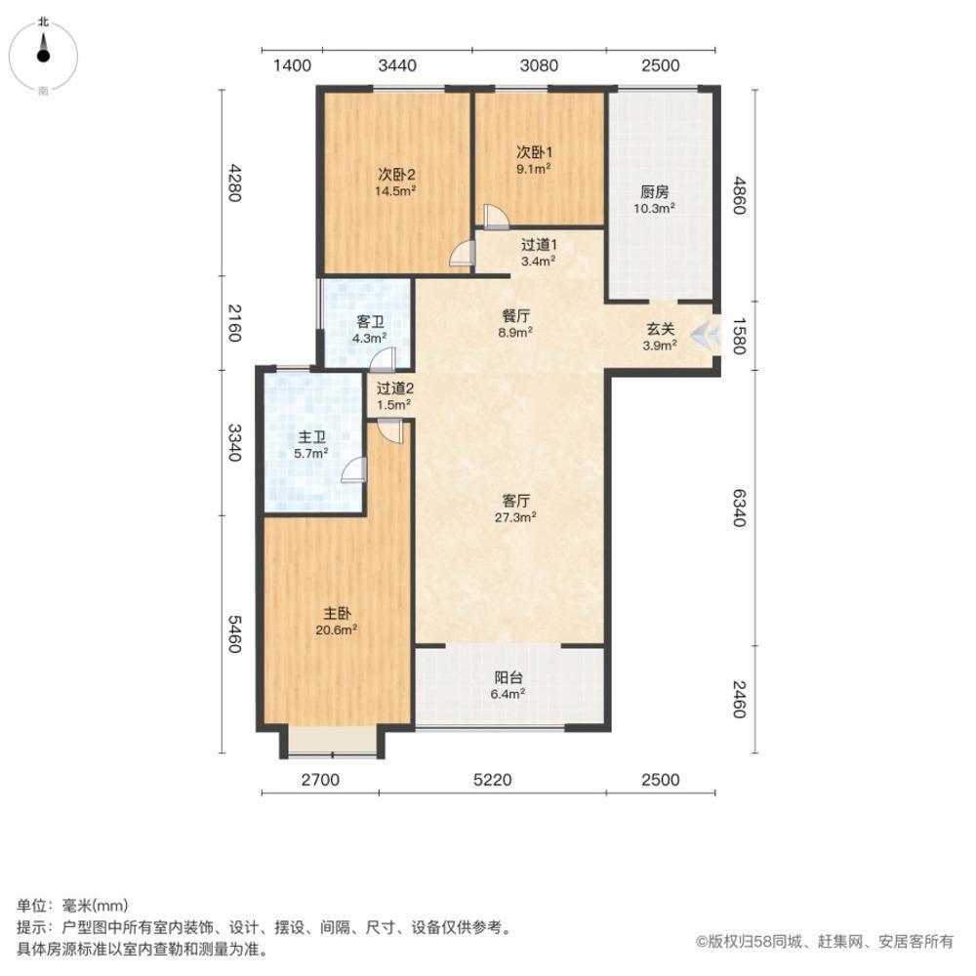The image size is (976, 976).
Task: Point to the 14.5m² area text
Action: click(396, 191)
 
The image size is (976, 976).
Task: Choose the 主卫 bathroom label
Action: click(312, 437)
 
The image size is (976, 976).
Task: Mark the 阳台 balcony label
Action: click(508, 677)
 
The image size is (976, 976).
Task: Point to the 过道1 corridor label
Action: click(538, 246)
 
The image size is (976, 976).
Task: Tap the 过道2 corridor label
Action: click(395, 387)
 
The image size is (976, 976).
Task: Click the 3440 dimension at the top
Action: click(397, 65)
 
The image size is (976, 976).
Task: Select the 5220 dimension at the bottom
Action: click(507, 780)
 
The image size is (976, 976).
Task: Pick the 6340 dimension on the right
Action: click(739, 508)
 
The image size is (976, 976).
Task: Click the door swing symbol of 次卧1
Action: click(493, 216)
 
